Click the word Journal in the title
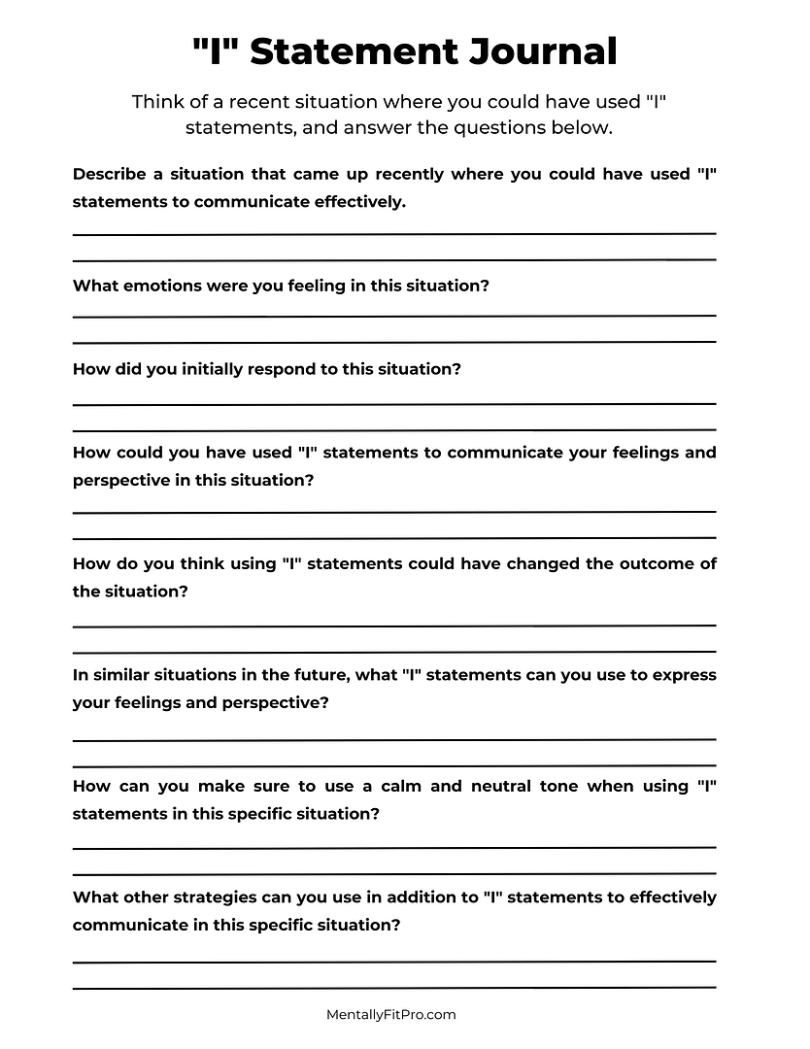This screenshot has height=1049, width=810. coord(546,51)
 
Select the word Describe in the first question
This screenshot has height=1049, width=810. coord(109,174)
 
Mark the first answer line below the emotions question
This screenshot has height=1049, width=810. coord(394,316)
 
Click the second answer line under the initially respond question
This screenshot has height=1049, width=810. coord(394,429)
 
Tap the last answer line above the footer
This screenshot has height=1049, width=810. coord(394,987)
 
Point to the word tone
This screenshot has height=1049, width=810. coord(557,786)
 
